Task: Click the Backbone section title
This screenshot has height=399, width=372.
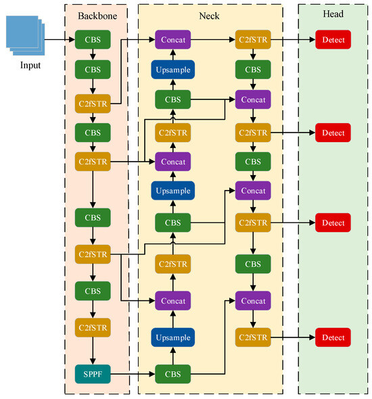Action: click(x=93, y=14)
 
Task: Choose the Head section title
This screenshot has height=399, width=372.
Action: click(x=333, y=14)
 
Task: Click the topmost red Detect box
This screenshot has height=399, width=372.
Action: click(x=333, y=41)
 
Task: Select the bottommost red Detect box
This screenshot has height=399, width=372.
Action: click(x=333, y=337)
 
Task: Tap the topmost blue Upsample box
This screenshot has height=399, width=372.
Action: click(x=172, y=70)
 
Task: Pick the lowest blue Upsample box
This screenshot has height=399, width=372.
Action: click(x=172, y=337)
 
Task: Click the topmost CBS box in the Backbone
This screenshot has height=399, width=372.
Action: click(x=93, y=41)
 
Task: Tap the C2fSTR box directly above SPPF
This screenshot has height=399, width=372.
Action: click(x=93, y=328)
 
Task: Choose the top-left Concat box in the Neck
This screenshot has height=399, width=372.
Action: click(x=172, y=41)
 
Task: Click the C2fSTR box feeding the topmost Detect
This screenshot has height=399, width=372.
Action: click(x=252, y=41)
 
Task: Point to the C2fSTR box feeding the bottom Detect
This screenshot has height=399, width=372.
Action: click(x=252, y=337)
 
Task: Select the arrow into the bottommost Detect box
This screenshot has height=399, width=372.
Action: click(x=292, y=337)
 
